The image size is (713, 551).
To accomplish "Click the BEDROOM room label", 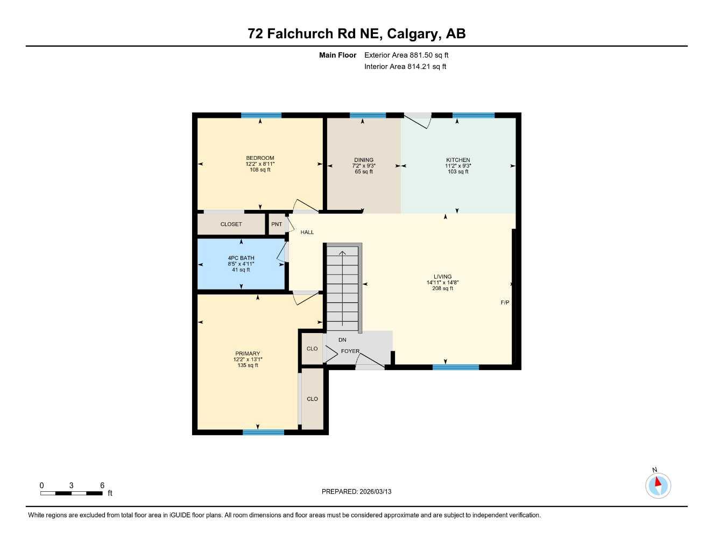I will pos(260,158).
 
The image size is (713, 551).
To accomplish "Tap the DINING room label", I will pos(364,160).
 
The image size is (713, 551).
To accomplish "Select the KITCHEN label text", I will pos(458,160).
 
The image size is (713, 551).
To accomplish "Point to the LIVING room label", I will pos(442,277).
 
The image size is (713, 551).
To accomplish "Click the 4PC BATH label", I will pos(241,258).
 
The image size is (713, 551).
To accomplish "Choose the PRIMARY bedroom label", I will pos(248,354).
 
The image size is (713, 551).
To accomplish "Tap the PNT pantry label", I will pos(277,224).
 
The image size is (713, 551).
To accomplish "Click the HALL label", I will pos(307,232).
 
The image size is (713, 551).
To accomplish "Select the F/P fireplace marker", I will pos(505,303).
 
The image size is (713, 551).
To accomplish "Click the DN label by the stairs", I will pos(342,340).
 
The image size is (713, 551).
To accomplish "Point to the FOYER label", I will pos(350,351).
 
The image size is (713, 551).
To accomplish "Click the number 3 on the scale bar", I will pos(71,485).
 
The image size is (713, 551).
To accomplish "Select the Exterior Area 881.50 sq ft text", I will pos(406,55).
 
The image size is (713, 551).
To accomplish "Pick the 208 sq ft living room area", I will pos(442,288).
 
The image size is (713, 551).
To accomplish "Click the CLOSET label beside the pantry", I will pos(231,224).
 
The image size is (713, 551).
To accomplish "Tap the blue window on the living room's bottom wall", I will pos(456,368).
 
